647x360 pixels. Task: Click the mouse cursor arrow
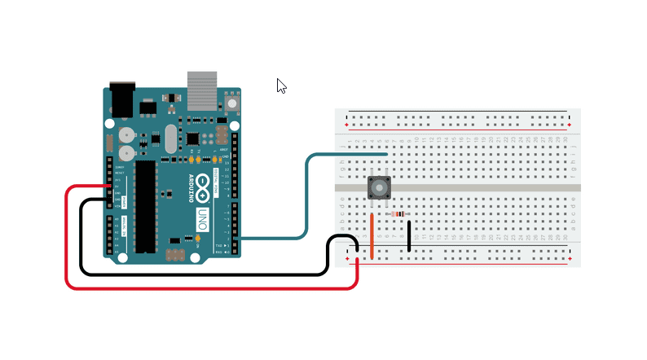[281, 86]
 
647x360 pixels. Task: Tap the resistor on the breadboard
[399, 214]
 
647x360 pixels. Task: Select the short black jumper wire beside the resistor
[409, 235]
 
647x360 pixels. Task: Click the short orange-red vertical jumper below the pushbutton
[372, 235]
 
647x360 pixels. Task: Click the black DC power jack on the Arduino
[121, 99]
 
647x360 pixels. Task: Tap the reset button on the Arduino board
[232, 103]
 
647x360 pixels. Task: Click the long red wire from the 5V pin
[66, 244]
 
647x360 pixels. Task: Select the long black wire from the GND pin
[81, 244]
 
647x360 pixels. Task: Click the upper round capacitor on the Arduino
[125, 134]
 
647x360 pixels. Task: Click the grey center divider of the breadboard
[489, 187]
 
